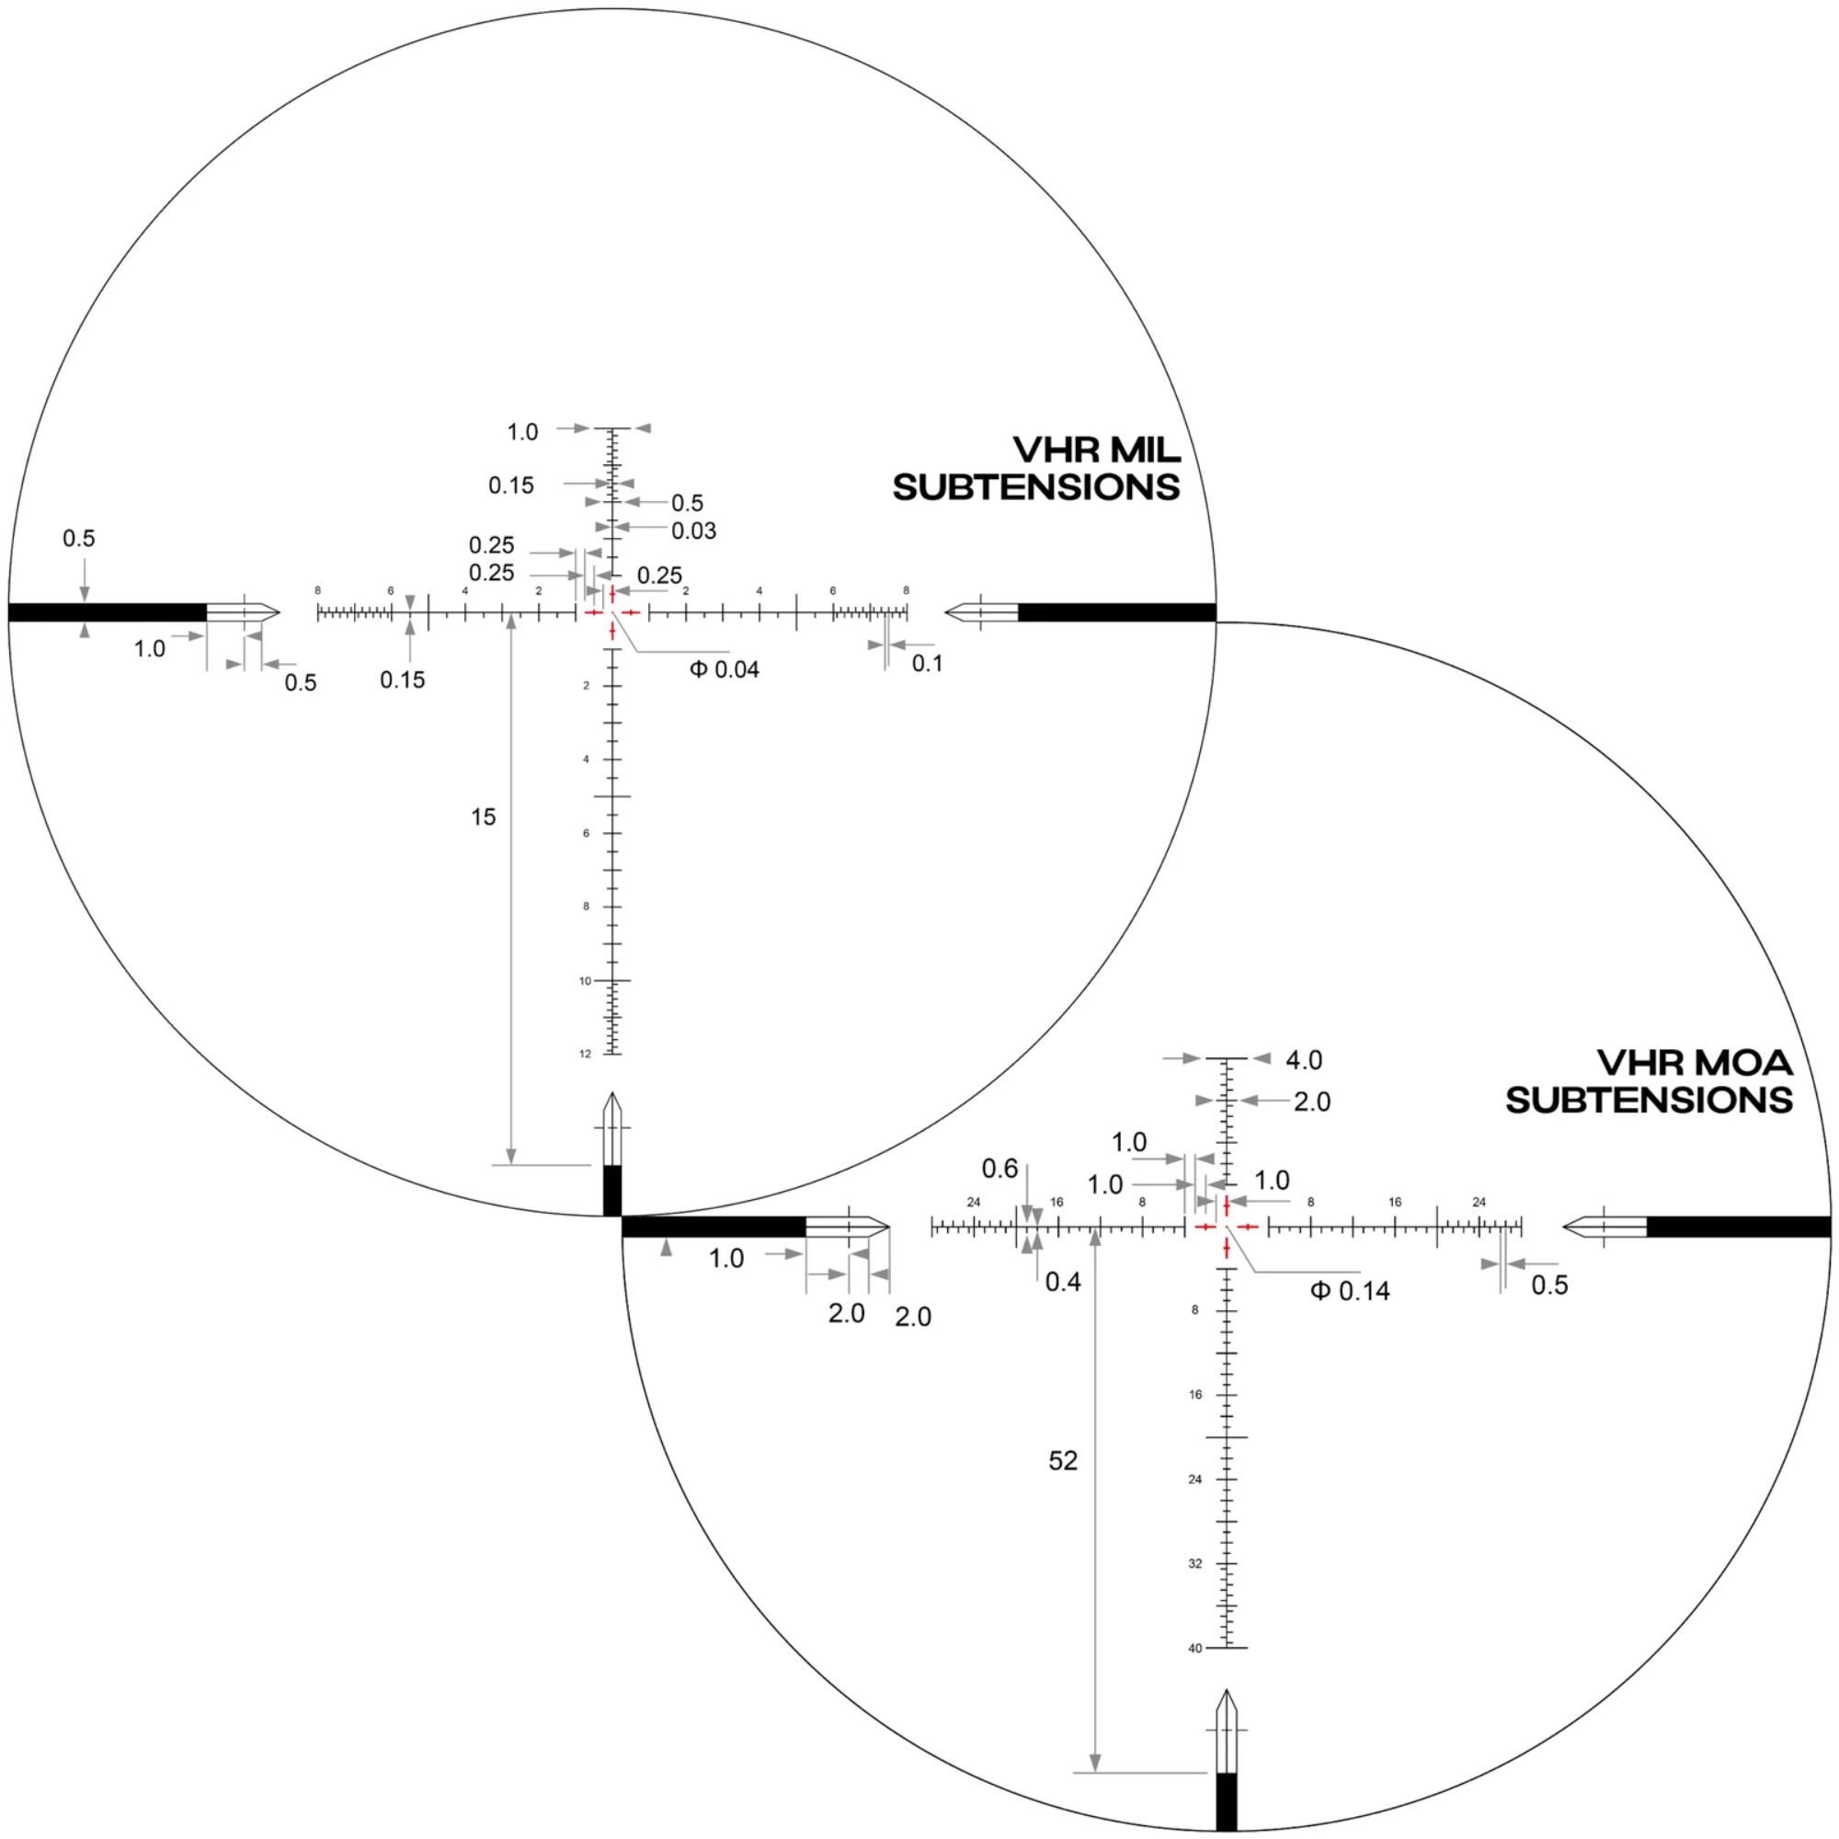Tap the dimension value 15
484,817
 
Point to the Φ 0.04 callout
725,669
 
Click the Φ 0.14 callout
1350,1292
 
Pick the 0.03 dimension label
694,531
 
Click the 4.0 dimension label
1304,1059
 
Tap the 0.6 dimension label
999,1168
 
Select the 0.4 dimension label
1063,1282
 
